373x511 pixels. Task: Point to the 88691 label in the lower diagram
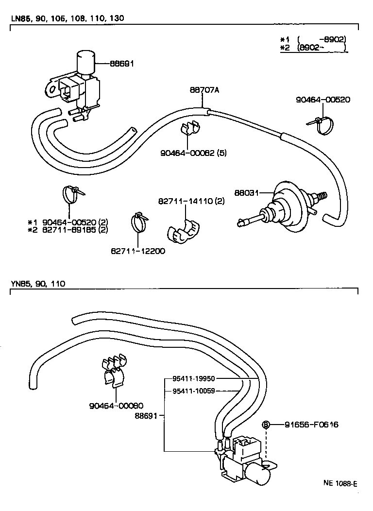point(147,416)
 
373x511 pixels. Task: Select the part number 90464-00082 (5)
point(193,153)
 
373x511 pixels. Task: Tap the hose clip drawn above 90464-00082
point(190,129)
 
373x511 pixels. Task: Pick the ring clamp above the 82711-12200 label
point(138,221)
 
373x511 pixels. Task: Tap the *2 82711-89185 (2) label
point(68,230)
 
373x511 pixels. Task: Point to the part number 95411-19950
point(194,378)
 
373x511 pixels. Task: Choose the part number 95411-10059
point(194,390)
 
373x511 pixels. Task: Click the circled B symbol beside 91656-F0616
point(266,425)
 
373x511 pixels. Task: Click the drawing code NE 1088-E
point(340,483)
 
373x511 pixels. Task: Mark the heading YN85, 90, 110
point(37,283)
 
